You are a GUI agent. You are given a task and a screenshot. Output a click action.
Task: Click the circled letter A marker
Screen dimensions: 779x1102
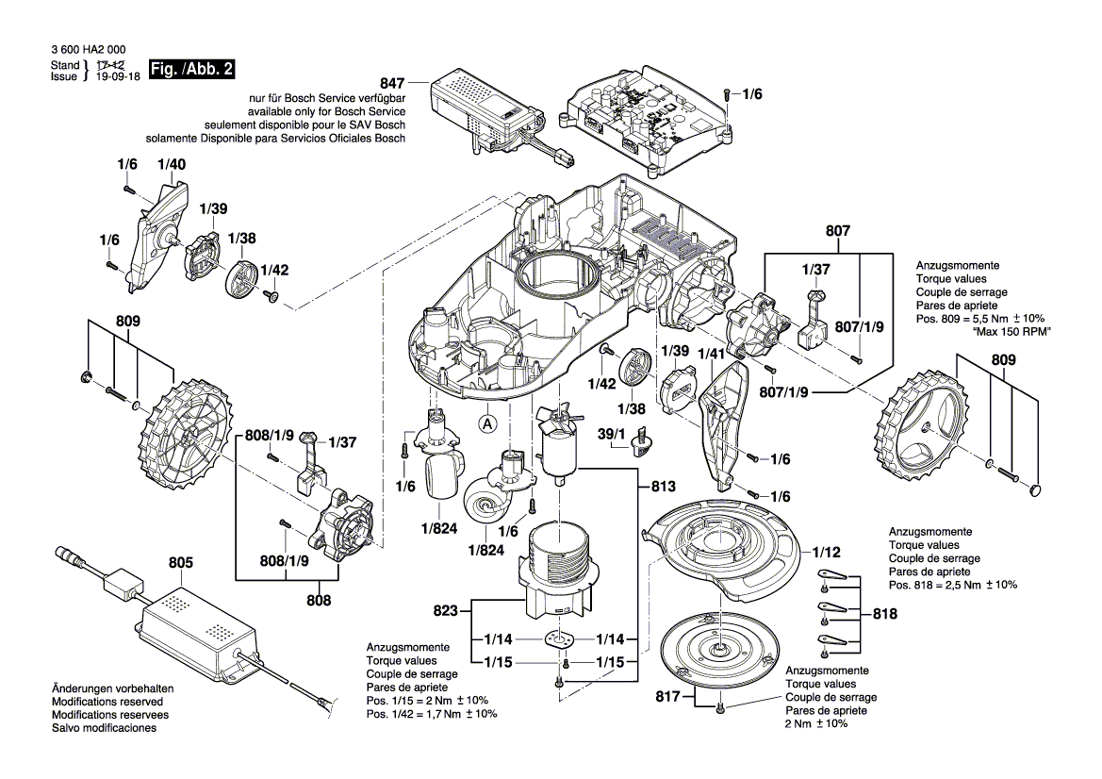[487, 423]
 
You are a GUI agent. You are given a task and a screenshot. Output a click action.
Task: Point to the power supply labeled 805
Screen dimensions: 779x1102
[198, 627]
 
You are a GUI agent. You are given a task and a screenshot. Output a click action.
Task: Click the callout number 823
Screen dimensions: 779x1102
[448, 612]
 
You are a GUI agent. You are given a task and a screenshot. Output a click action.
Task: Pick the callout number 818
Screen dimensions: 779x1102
[885, 613]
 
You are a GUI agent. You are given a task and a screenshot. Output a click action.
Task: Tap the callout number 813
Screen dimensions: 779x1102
[664, 487]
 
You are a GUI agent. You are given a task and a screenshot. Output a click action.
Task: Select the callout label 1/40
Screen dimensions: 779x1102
[172, 164]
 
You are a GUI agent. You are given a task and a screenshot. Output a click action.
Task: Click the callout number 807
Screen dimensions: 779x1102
[838, 229]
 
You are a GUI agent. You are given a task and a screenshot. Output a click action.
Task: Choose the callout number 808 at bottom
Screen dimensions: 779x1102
[319, 598]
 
